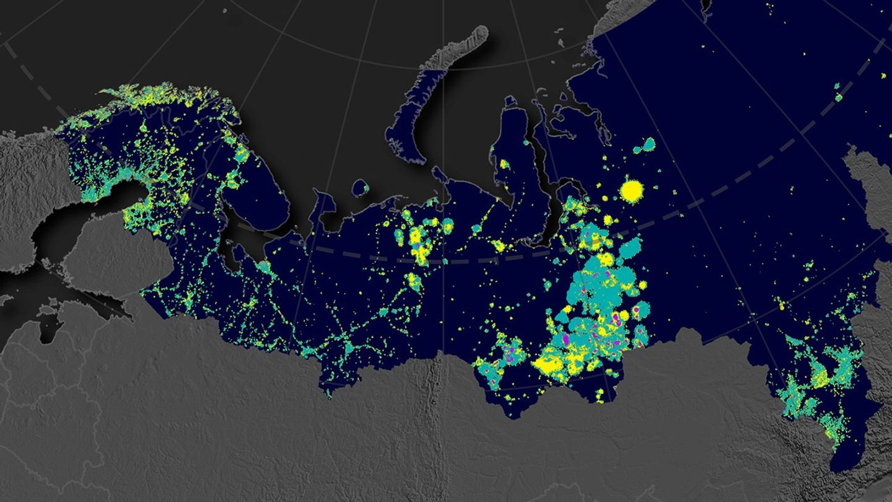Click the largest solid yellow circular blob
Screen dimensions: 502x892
tap(632, 190)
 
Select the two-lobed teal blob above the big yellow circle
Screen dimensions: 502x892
tap(645, 146)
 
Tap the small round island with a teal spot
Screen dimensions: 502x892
tap(361, 188)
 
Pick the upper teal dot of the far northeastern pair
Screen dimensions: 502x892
tap(838, 86)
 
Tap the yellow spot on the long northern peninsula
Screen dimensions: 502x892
tap(504, 165)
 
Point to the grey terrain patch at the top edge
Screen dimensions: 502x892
tap(619, 15)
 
